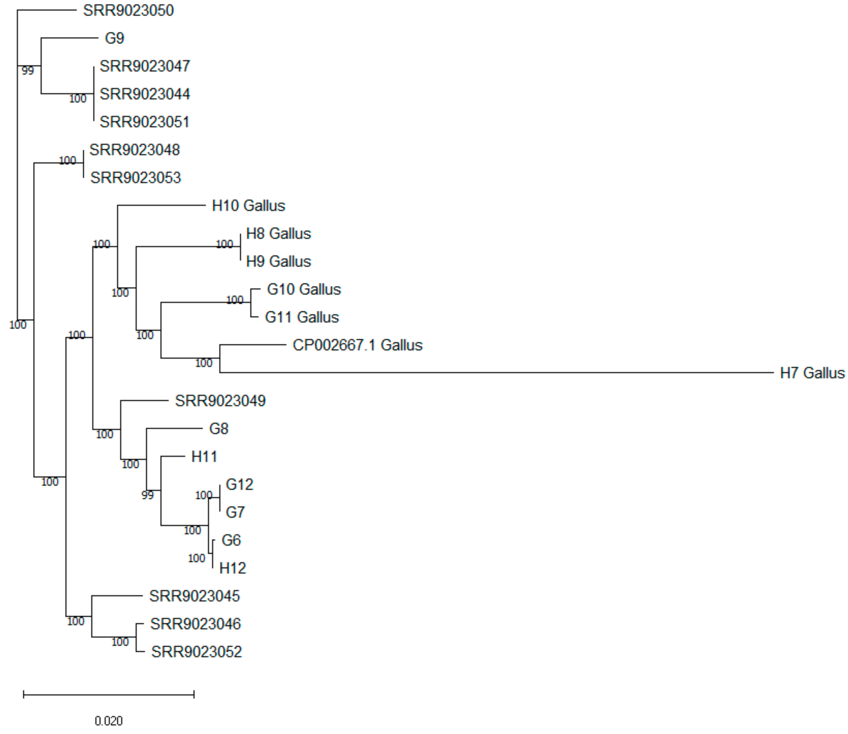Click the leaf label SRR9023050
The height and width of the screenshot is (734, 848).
(x=128, y=10)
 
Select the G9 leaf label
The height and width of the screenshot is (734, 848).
(x=114, y=38)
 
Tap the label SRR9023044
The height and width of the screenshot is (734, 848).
(x=145, y=94)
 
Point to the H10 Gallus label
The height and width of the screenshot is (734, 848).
(x=248, y=206)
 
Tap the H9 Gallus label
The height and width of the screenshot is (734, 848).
(x=278, y=261)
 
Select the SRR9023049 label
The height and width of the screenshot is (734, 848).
(x=220, y=401)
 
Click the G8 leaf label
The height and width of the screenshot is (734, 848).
(x=218, y=429)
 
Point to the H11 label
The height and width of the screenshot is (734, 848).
(x=204, y=457)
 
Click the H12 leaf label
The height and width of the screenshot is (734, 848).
(x=232, y=568)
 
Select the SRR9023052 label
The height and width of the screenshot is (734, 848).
(x=196, y=652)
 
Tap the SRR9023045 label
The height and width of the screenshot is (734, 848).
(x=194, y=596)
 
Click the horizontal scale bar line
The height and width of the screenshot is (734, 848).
(x=109, y=694)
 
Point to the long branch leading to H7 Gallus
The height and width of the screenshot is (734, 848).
(x=492, y=373)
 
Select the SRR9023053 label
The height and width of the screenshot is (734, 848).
(x=135, y=178)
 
